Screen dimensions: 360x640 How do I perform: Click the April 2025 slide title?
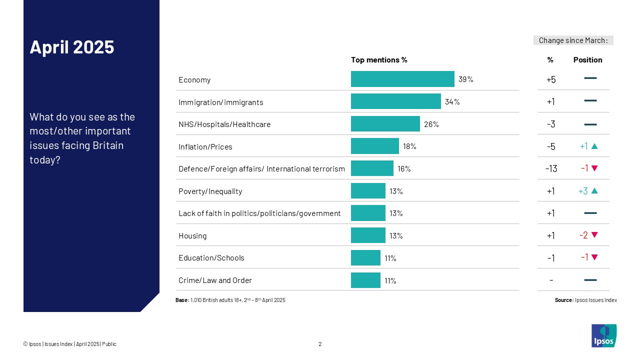72,47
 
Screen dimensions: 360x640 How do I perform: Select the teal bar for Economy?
402,79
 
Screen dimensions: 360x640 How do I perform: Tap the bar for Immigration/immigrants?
395,101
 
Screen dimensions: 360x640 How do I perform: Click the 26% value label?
431,124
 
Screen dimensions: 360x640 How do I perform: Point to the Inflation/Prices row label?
205,147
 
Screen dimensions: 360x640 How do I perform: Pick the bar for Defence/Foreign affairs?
372,168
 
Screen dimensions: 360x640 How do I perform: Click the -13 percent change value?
550,168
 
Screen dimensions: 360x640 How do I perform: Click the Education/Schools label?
211,258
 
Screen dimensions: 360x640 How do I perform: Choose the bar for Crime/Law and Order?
365,280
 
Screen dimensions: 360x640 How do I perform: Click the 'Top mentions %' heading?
379,60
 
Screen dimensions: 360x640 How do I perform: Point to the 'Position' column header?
587,60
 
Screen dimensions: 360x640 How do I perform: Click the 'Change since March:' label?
573,40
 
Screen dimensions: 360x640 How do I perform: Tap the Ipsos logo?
603,335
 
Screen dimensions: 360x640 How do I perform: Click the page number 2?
320,344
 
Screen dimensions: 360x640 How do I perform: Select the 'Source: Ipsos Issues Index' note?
585,300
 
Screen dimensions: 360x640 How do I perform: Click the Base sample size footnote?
230,300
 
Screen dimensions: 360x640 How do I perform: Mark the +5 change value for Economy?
550,79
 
